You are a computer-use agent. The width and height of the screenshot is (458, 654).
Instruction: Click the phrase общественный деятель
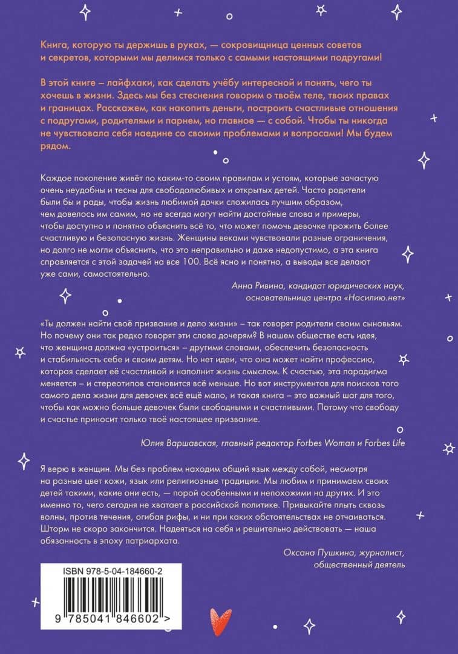point(359,564)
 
